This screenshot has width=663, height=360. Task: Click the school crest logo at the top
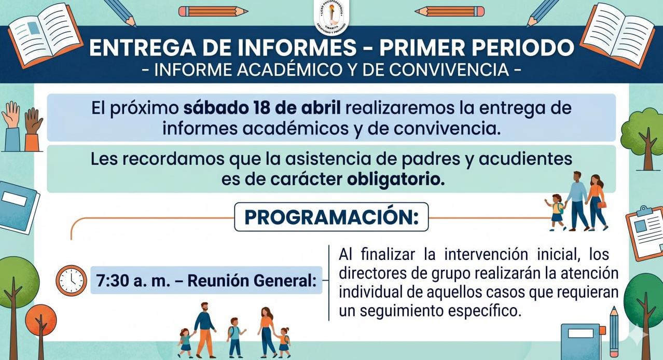click(x=332, y=17)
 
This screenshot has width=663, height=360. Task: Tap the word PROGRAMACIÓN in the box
click(x=331, y=217)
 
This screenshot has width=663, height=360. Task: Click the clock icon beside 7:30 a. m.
click(x=71, y=280)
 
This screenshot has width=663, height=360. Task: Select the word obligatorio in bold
click(x=396, y=179)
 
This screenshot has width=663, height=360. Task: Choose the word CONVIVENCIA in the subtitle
click(x=449, y=70)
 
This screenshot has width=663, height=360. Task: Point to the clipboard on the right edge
click(x=645, y=233)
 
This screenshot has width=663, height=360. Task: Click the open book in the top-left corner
click(x=45, y=35)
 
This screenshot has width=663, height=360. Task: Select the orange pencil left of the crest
click(x=213, y=11)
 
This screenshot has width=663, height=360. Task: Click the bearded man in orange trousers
click(x=204, y=330)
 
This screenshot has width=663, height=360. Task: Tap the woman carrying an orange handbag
click(x=596, y=203)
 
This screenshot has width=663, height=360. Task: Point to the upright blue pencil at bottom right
click(x=614, y=331)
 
